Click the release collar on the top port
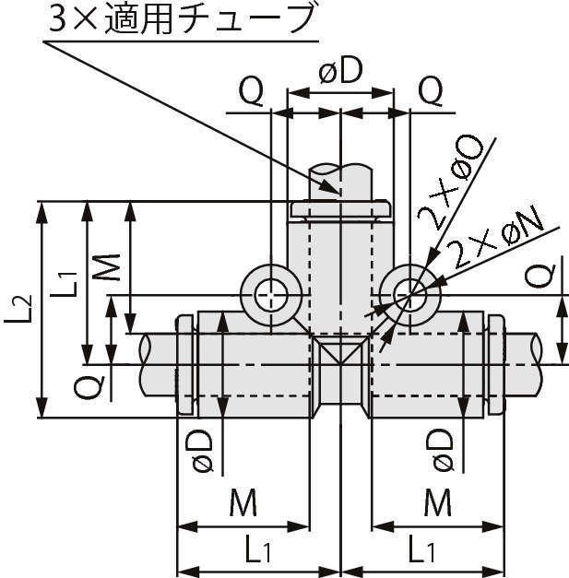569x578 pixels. point(341,210)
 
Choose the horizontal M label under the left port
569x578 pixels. point(242,503)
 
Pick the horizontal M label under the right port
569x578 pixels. point(437,503)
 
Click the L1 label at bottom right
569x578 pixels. point(421,551)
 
